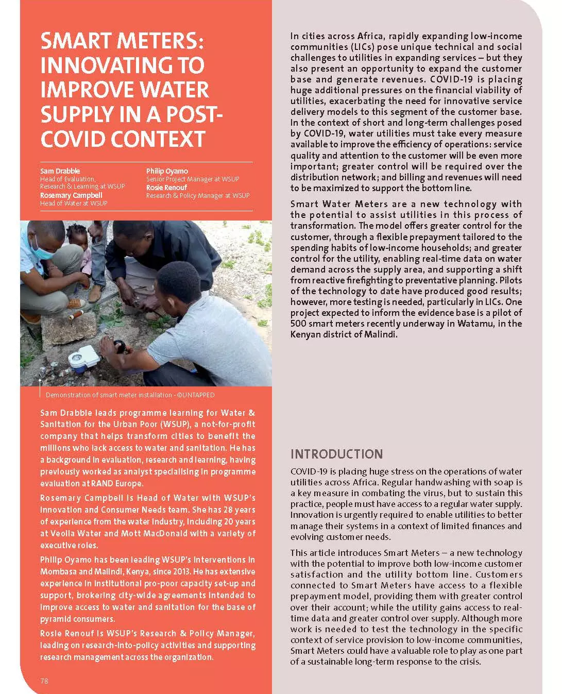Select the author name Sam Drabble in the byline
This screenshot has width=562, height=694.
pyautogui.click(x=60, y=171)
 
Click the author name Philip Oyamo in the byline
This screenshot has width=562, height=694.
pyautogui.click(x=167, y=171)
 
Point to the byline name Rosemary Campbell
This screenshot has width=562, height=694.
pyautogui.click(x=71, y=195)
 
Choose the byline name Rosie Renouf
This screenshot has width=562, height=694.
pyautogui.click(x=166, y=188)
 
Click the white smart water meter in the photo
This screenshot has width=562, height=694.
pyautogui.click(x=83, y=357)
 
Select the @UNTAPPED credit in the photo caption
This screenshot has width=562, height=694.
pyautogui.click(x=196, y=395)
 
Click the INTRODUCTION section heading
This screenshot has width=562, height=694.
pyautogui.click(x=336, y=454)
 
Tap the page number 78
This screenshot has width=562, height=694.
pyautogui.click(x=44, y=681)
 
